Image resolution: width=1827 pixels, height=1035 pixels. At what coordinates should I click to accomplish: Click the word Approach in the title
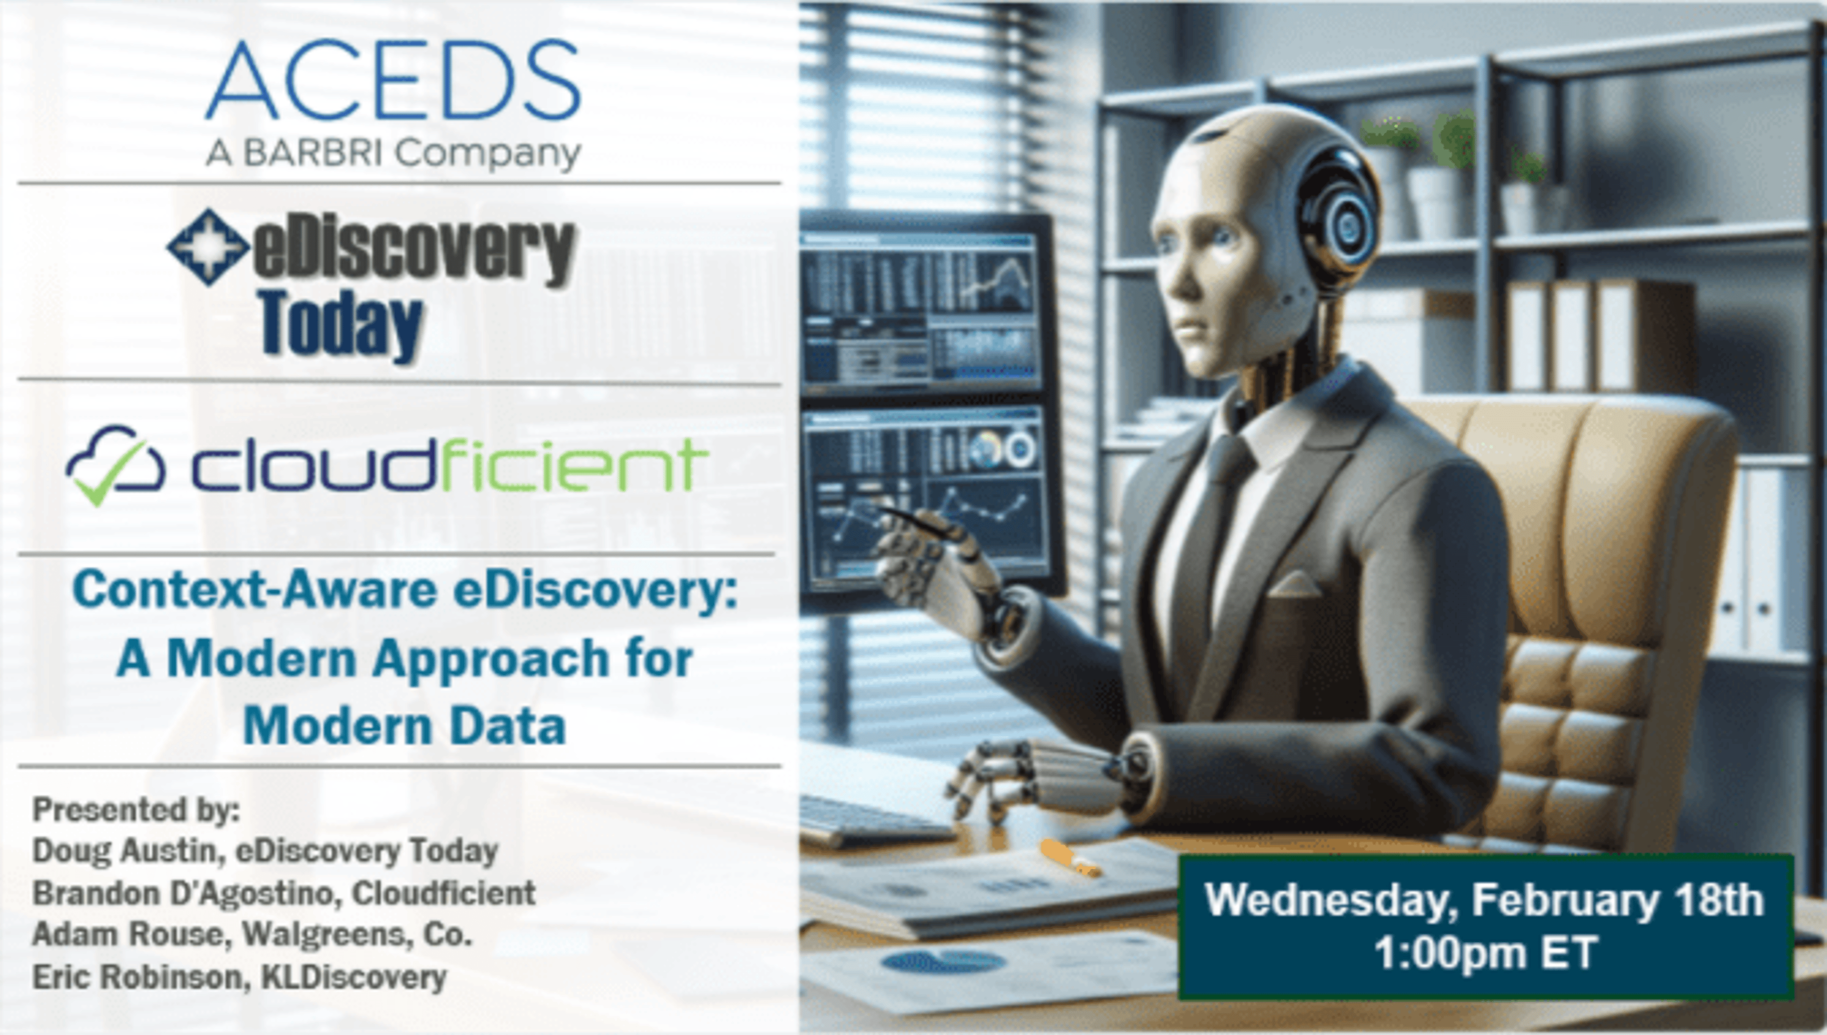point(490,658)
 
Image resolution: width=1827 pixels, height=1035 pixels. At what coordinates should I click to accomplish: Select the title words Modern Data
point(404,726)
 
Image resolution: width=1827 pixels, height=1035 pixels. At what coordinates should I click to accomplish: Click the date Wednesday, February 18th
point(1484,900)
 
